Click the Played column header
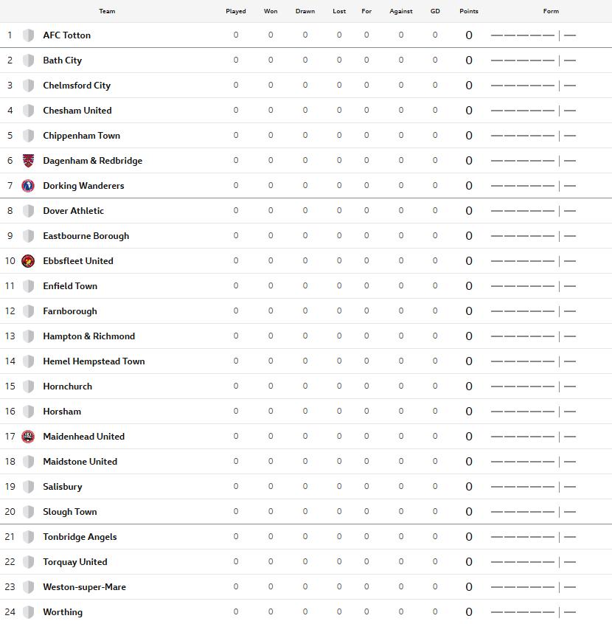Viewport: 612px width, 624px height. point(236,11)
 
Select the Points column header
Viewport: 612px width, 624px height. point(468,11)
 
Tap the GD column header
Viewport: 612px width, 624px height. point(435,11)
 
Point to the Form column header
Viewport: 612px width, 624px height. point(551,11)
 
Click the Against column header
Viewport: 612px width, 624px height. point(401,11)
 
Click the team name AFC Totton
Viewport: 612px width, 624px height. point(67,35)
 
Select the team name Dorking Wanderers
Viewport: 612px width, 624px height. point(83,186)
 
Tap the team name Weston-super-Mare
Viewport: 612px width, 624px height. point(84,587)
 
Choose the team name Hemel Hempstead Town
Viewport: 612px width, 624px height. point(94,361)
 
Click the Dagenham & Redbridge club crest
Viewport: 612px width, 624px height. point(28,161)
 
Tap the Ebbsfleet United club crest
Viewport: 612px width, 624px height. point(28,261)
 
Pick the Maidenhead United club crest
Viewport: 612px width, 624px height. point(28,437)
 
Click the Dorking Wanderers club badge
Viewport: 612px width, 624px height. point(28,186)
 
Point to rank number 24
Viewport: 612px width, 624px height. point(10,612)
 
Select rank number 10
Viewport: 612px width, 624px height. point(10,261)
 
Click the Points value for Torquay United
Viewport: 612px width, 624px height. point(469,562)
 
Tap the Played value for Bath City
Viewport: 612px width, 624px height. point(236,60)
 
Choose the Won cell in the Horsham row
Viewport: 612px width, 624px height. point(271,412)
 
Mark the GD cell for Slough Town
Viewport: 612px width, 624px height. point(435,512)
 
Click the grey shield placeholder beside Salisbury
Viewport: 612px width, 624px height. point(28,487)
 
